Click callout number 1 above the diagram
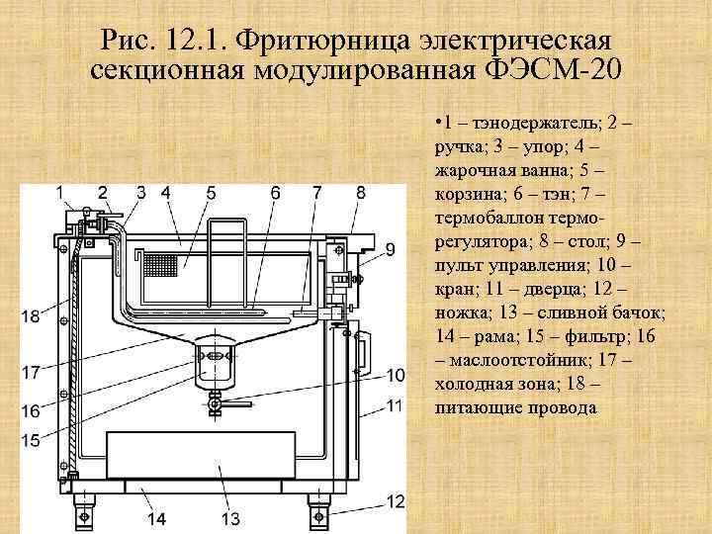click(x=60, y=191)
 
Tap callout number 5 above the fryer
click(x=212, y=192)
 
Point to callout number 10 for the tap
click(x=396, y=375)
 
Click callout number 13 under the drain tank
click(x=230, y=518)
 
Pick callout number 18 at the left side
click(x=31, y=316)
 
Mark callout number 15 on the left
click(x=31, y=439)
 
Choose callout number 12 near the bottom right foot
click(x=396, y=500)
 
